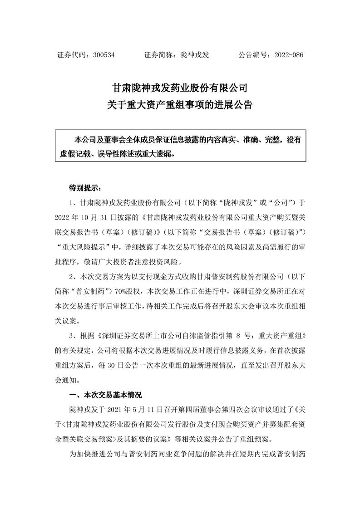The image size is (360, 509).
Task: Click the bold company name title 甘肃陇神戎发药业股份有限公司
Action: [180, 87]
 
